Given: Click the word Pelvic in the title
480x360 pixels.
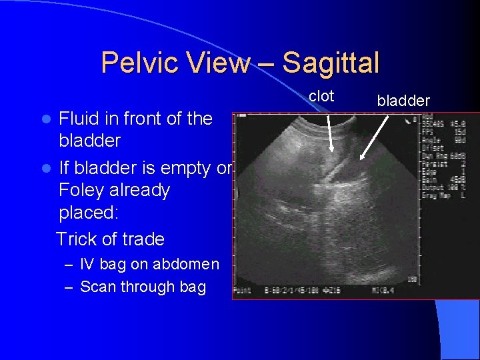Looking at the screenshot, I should tap(135, 63).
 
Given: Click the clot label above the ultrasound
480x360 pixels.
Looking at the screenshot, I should tap(321, 96).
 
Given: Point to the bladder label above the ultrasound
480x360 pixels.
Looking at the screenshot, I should tap(403, 101).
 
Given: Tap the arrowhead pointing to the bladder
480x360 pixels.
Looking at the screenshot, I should tap(361, 159).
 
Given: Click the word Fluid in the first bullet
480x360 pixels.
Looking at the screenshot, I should tap(79, 119).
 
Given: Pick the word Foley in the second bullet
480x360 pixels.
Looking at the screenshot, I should tap(81, 191).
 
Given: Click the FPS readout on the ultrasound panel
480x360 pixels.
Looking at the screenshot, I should tap(429, 131).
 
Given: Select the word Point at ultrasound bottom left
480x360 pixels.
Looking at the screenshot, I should tap(241, 291).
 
